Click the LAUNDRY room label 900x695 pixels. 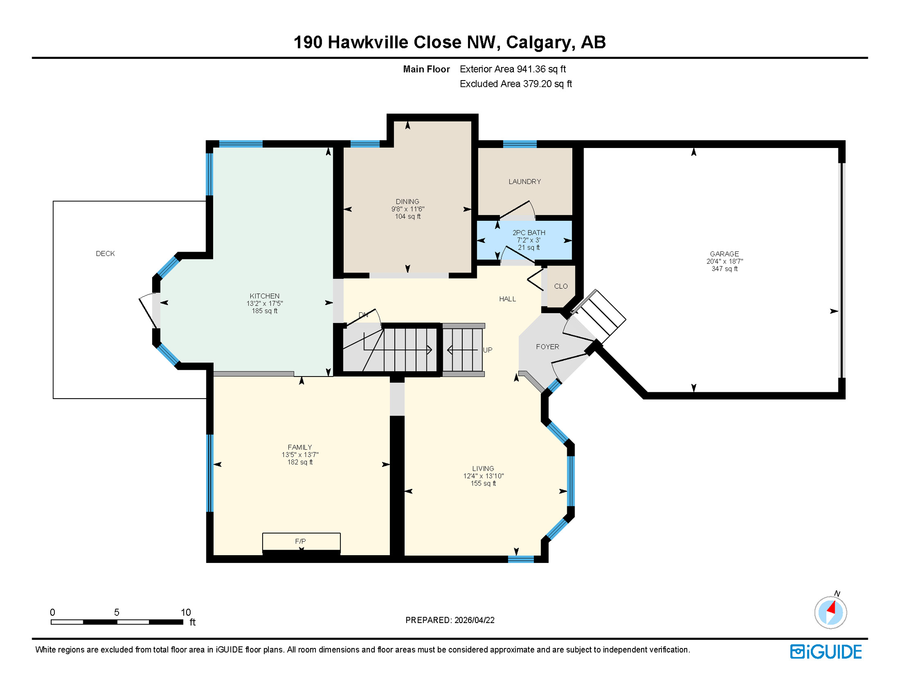click(524, 181)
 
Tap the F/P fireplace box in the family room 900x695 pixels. click(301, 541)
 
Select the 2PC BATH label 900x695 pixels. click(528, 233)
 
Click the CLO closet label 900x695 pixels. click(560, 286)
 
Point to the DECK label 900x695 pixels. click(105, 253)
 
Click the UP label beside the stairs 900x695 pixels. click(487, 350)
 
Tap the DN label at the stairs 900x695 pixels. click(363, 315)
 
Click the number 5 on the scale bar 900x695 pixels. click(116, 612)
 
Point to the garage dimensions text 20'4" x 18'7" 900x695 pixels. click(724, 261)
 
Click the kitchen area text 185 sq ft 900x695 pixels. click(264, 311)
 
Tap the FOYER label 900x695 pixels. click(547, 347)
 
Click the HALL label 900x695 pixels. click(507, 299)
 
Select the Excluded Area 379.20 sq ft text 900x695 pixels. click(515, 84)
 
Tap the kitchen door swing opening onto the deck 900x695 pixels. click(148, 309)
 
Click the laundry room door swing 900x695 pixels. click(518, 211)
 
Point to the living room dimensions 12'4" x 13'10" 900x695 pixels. click(483, 476)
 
